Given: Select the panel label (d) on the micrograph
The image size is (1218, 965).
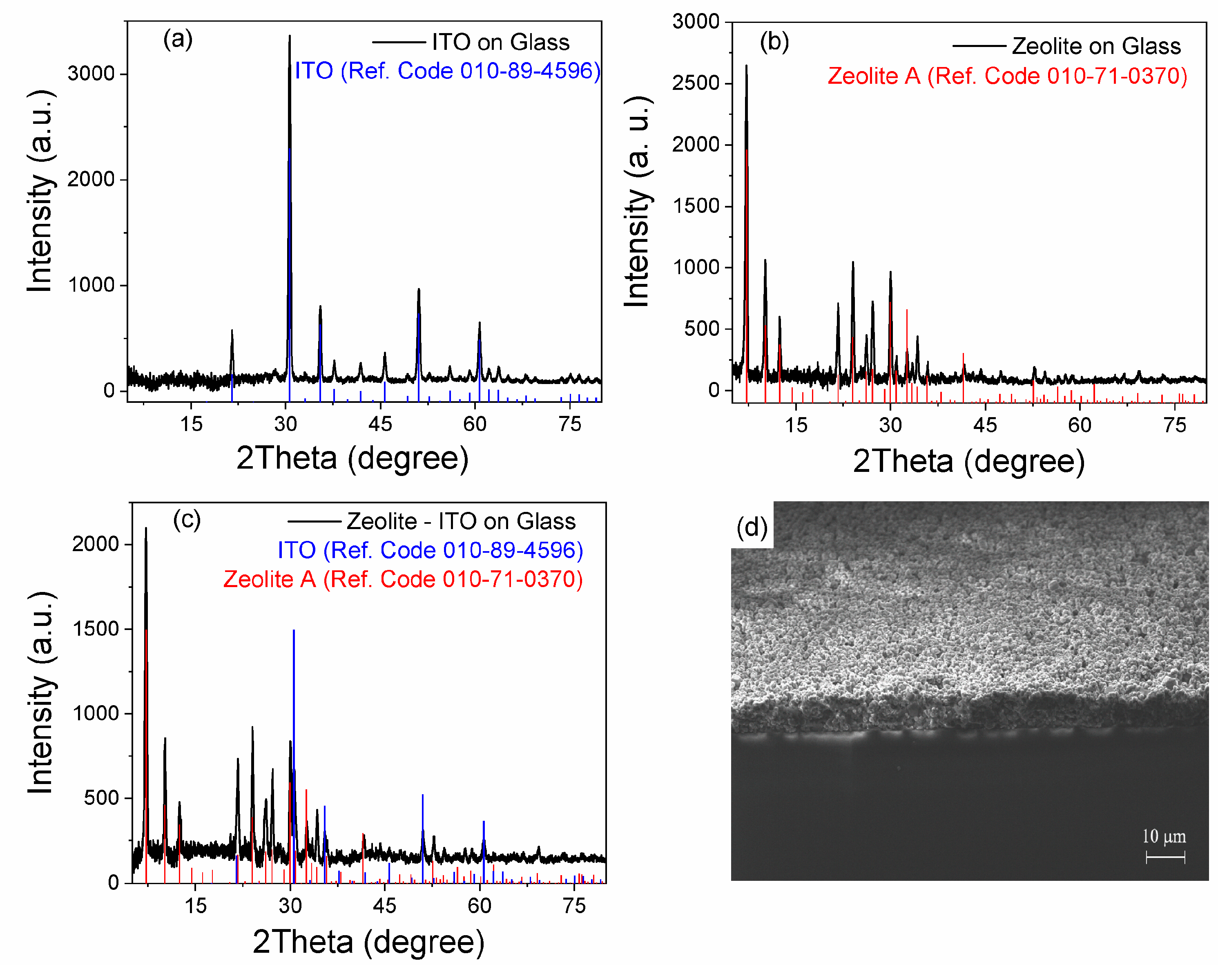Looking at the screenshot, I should pyautogui.click(x=752, y=528).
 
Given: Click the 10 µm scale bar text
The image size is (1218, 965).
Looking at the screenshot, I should pyautogui.click(x=1164, y=836).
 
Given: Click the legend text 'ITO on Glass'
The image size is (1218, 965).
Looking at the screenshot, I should pyautogui.click(x=500, y=42).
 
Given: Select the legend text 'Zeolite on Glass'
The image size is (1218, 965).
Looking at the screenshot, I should pyautogui.click(x=1096, y=46).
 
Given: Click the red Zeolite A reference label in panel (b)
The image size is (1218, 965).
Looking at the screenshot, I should pyautogui.click(x=1007, y=76).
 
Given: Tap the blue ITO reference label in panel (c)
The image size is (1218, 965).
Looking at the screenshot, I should pyautogui.click(x=430, y=550).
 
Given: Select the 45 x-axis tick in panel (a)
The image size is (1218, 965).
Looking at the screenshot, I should pyautogui.click(x=380, y=424).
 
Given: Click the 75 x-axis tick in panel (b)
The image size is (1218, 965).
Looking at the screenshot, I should pyautogui.click(x=1175, y=425).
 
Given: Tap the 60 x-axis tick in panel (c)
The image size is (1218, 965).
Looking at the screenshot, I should pyautogui.click(x=480, y=906).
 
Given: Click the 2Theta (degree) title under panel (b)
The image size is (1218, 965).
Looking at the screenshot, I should pyautogui.click(x=968, y=462).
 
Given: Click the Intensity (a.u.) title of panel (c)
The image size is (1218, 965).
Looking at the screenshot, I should pyautogui.click(x=41, y=692).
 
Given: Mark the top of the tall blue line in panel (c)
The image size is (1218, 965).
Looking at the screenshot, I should pyautogui.click(x=294, y=630).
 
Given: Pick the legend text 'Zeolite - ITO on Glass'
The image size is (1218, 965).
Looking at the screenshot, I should pyautogui.click(x=461, y=521).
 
